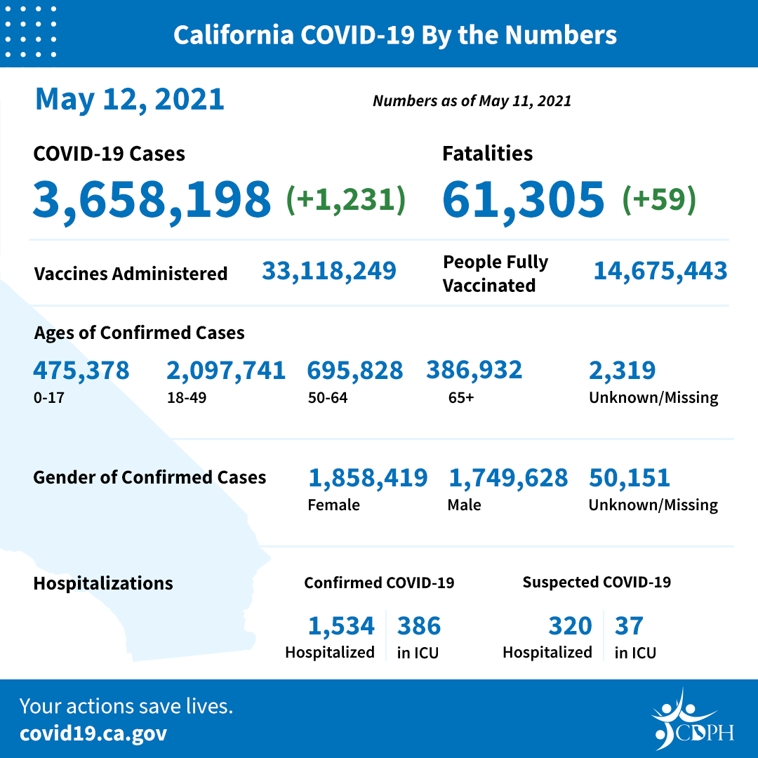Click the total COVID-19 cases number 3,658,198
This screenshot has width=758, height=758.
click(152, 198)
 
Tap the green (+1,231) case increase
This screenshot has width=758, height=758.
click(345, 199)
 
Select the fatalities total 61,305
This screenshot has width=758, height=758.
click(523, 198)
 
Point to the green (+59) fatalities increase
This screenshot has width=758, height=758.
click(659, 199)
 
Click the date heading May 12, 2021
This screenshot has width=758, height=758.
click(130, 99)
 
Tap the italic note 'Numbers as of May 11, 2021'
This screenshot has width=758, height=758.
click(472, 101)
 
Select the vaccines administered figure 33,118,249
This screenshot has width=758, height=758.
click(329, 270)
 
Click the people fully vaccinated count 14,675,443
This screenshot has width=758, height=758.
click(660, 271)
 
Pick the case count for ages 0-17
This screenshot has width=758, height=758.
click(81, 370)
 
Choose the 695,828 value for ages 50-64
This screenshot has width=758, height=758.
click(355, 370)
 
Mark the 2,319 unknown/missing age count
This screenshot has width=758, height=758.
click(622, 370)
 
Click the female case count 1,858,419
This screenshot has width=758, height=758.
click(368, 478)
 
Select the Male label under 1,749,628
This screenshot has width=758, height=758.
click(464, 505)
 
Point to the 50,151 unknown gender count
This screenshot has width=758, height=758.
click(630, 478)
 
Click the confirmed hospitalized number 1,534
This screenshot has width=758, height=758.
click(341, 625)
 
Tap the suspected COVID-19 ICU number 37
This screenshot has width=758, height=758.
click(629, 625)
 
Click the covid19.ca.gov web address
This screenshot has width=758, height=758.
click(93, 733)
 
